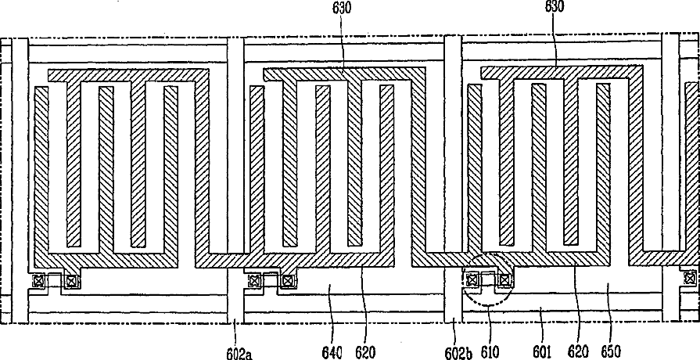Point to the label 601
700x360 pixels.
coord(540,352)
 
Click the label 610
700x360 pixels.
coord(491,352)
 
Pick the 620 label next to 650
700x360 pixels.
coord(576,352)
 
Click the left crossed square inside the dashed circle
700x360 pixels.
coord(472,278)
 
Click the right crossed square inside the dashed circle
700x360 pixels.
coord(505,278)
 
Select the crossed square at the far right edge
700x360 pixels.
coord(689,278)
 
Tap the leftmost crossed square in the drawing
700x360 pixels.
coord(38,280)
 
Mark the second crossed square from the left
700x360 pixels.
coord(71,280)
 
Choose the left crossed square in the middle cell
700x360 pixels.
coord(253,280)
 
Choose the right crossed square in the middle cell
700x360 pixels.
coord(288,280)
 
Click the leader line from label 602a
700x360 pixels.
coord(235,332)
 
